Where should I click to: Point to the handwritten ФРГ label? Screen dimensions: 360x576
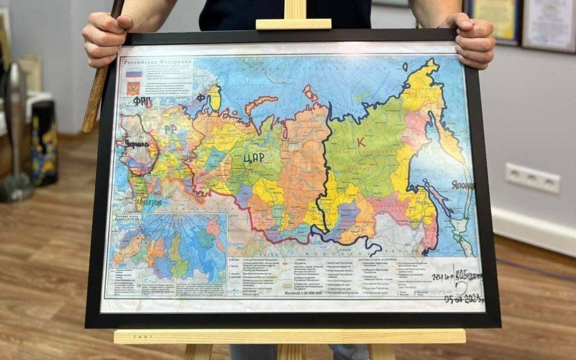click(x=143, y=101)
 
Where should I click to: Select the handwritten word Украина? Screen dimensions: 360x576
click(x=138, y=144)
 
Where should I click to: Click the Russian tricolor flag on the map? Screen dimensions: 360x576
click(x=133, y=74)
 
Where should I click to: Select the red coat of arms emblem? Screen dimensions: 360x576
click(x=133, y=88)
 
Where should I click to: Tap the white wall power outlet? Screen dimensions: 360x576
click(x=532, y=178)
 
